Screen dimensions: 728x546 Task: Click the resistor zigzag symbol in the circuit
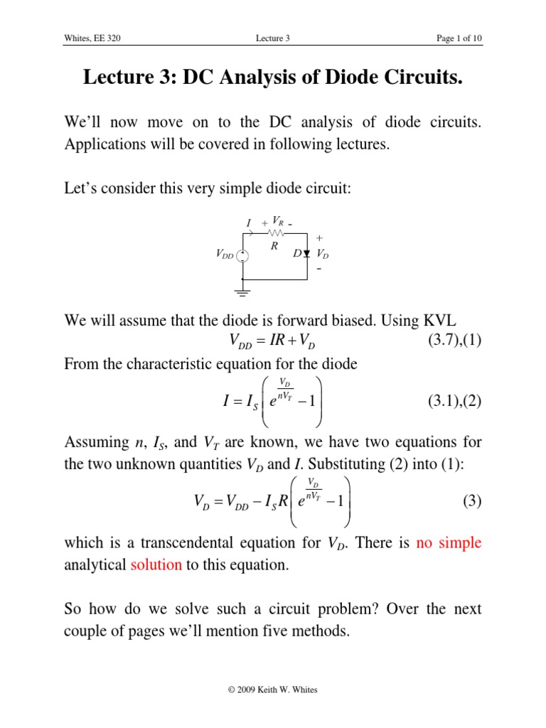(276, 232)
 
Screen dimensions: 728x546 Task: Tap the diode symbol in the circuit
(306, 253)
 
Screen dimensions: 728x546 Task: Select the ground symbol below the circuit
(243, 289)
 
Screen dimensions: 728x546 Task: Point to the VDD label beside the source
(224, 255)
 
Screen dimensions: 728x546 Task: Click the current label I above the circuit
(248, 223)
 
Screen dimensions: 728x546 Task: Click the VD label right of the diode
(323, 254)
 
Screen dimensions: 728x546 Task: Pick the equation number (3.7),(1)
(454, 340)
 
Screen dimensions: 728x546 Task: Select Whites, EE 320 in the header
(92, 38)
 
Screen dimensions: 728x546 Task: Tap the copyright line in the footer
(273, 689)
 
